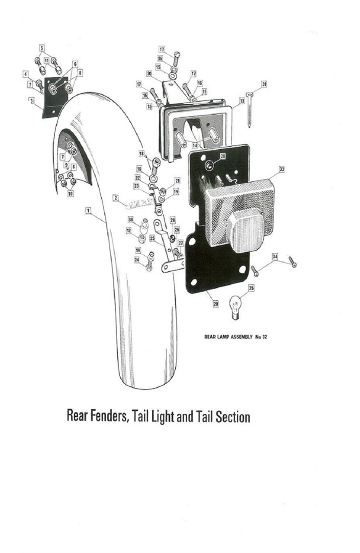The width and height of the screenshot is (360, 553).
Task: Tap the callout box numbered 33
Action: click(x=281, y=168)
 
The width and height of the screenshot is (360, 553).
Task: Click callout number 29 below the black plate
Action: click(x=215, y=304)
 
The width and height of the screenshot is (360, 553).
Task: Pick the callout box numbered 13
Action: click(x=242, y=101)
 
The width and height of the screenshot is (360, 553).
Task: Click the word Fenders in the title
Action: click(x=106, y=416)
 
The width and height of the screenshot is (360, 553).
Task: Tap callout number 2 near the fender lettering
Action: click(x=116, y=197)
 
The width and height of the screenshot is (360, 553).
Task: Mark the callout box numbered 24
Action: click(x=137, y=260)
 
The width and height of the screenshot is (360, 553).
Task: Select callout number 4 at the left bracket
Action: click(x=25, y=75)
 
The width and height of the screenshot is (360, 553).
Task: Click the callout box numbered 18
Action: click(x=142, y=153)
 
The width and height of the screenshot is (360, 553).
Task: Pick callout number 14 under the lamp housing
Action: click(x=195, y=145)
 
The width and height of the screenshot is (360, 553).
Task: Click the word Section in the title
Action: click(x=233, y=416)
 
